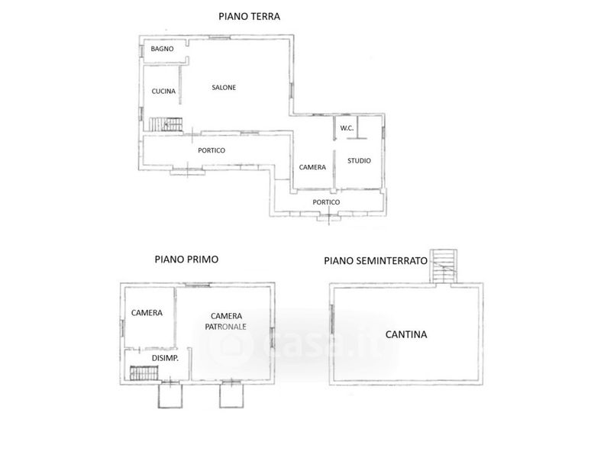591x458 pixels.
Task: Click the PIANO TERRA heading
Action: (x=249, y=17)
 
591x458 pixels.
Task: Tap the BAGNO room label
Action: (x=162, y=49)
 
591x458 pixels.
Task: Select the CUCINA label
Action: (x=163, y=91)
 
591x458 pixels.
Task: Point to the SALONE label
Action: (x=224, y=87)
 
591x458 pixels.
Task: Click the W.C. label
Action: (x=347, y=128)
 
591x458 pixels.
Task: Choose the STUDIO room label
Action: (x=359, y=161)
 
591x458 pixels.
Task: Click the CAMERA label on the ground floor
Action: (x=312, y=167)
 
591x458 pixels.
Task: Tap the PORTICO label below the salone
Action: (x=212, y=150)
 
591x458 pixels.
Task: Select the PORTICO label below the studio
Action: (x=326, y=202)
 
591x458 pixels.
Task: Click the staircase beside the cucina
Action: (x=166, y=124)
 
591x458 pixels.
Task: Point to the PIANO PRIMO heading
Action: (x=186, y=260)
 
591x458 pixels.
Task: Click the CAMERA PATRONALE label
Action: (x=226, y=321)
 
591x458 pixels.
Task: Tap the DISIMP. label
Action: (x=165, y=358)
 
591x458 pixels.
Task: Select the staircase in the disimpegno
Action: (x=144, y=373)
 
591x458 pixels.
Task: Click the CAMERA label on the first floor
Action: (x=147, y=313)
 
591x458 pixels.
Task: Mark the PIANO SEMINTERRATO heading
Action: (x=376, y=260)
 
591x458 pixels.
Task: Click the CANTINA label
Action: (x=406, y=334)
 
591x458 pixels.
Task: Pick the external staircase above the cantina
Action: (x=444, y=266)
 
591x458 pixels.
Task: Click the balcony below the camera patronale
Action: (x=231, y=395)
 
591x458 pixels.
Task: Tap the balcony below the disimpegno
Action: (x=170, y=395)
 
